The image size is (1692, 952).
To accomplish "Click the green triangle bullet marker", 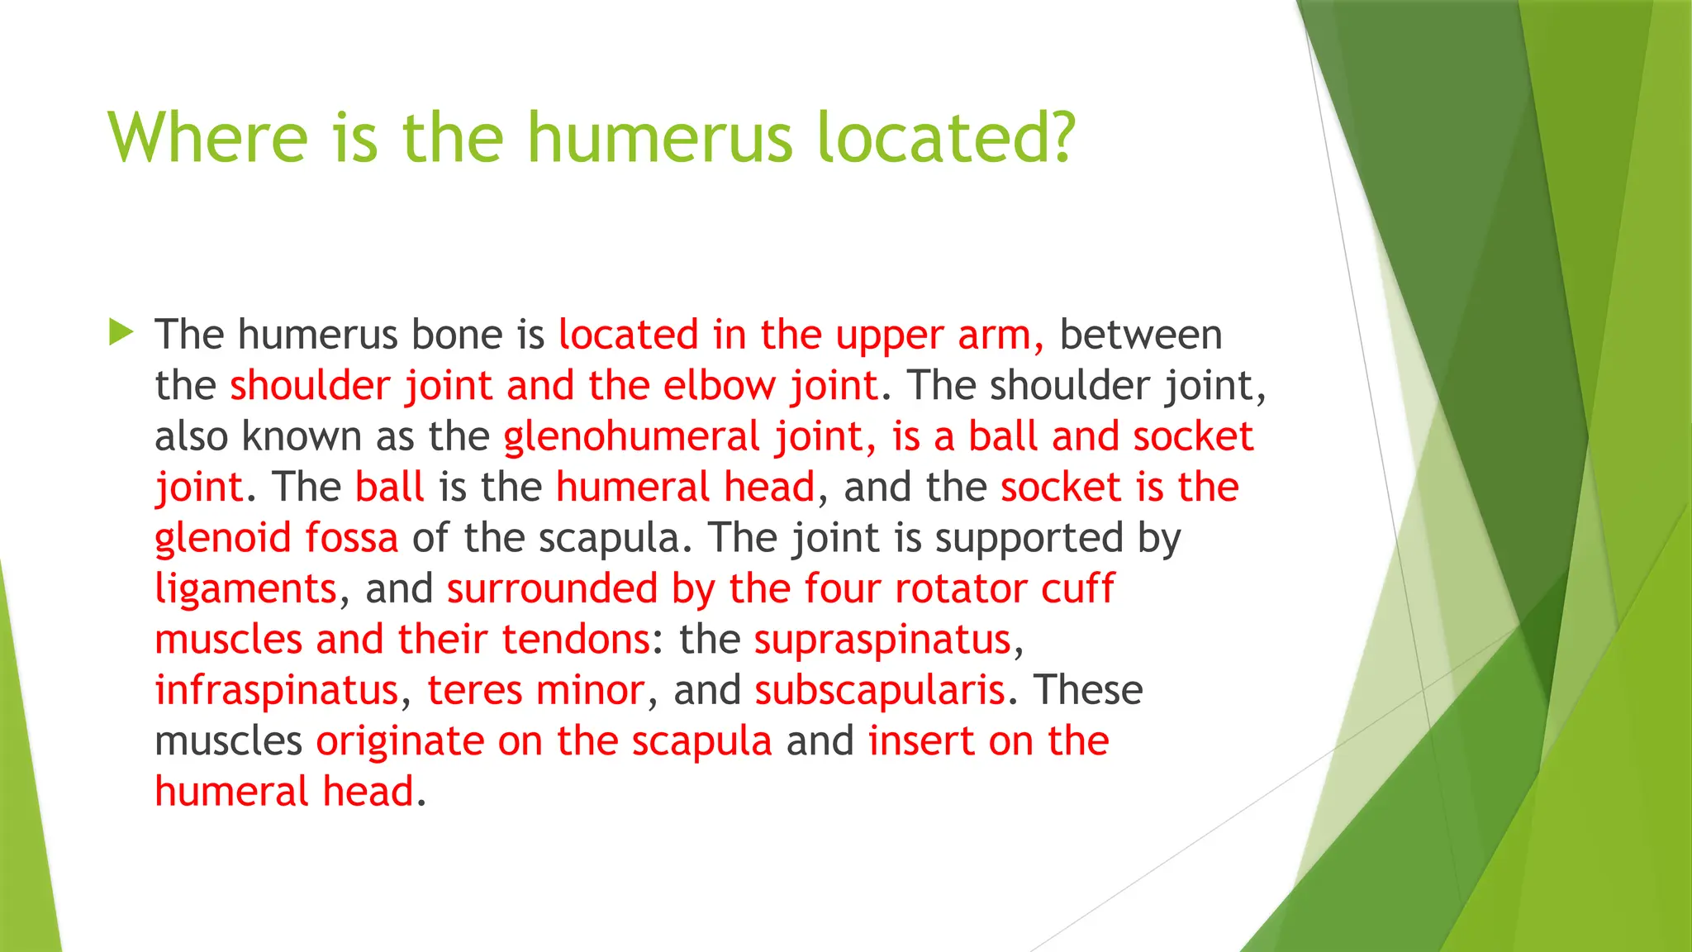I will (121, 333).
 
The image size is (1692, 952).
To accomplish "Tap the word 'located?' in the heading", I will (947, 137).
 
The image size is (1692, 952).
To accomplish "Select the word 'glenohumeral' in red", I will (631, 436).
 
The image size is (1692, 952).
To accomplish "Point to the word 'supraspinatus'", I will (882, 640).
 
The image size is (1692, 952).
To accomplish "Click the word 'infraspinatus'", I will (277, 690).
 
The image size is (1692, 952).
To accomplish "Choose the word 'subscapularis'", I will (880, 690).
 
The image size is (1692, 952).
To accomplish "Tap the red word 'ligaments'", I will (246, 589).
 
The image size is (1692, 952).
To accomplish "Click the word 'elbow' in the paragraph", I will (720, 386).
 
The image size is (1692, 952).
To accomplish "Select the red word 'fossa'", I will (352, 538).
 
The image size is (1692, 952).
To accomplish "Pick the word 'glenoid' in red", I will (223, 538).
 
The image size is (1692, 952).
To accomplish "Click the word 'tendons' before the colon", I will (575, 640).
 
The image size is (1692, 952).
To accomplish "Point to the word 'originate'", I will (400, 741).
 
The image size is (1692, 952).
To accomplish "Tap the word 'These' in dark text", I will (1088, 690).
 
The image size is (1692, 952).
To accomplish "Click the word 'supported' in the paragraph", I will (1029, 538).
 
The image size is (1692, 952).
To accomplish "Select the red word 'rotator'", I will (960, 589).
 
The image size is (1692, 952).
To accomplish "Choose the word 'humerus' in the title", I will (659, 137).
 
